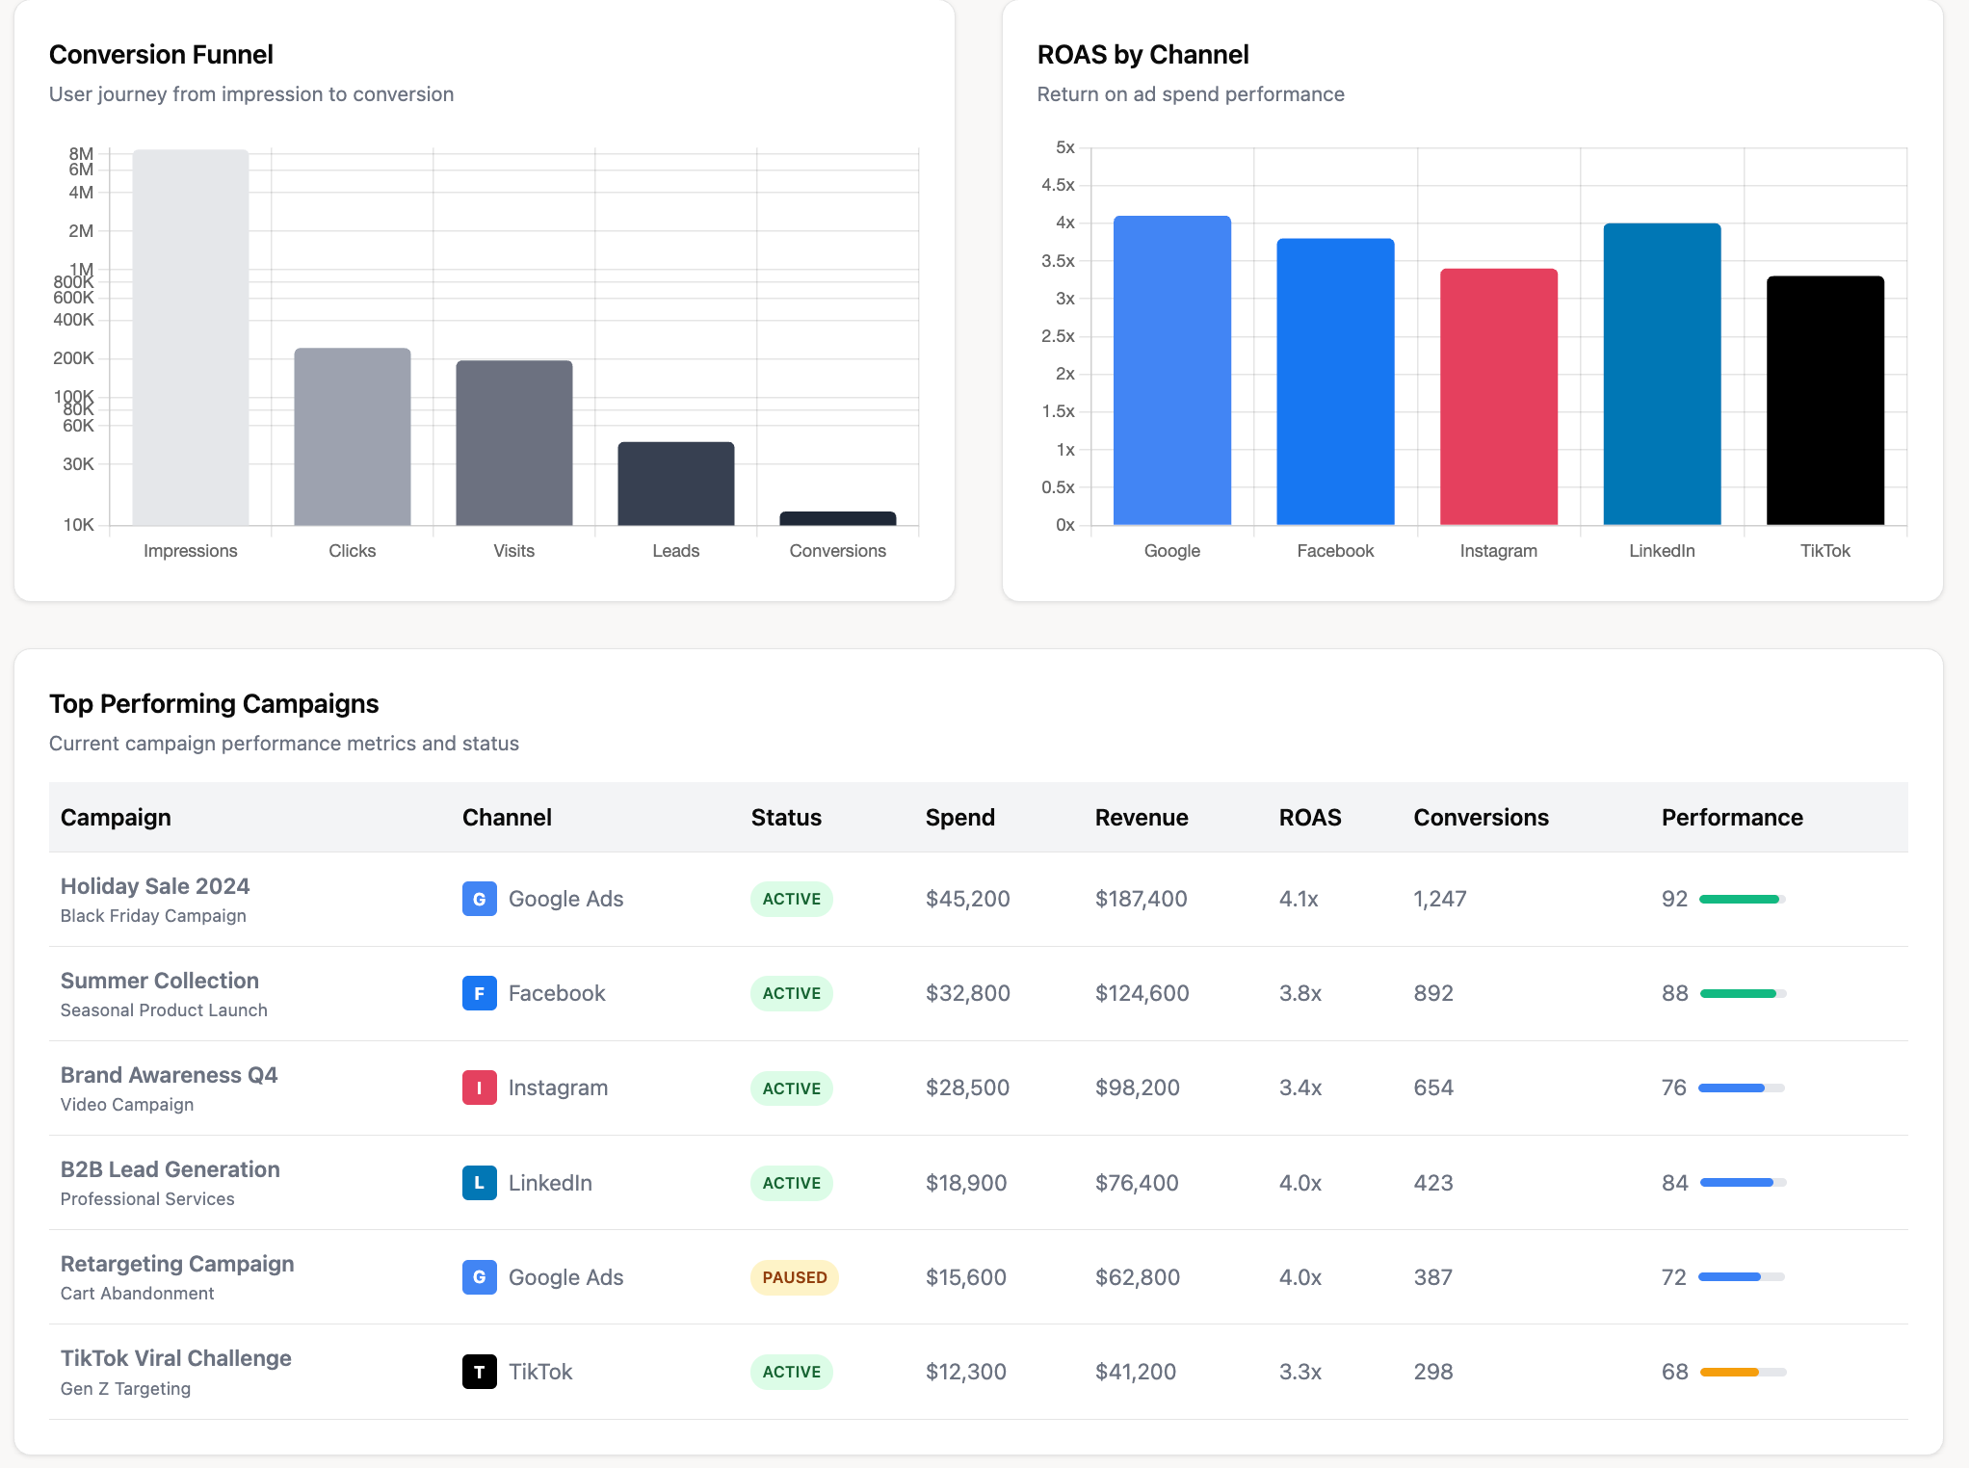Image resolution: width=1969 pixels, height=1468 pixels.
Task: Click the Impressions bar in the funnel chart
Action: click(x=190, y=337)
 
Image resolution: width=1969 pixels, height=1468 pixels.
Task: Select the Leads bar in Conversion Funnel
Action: click(x=675, y=484)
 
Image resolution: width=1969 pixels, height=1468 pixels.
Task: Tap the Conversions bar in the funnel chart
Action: click(x=837, y=518)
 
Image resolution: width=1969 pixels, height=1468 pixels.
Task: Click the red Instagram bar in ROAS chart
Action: click(x=1498, y=397)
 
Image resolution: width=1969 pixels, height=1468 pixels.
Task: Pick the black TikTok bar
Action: click(x=1825, y=401)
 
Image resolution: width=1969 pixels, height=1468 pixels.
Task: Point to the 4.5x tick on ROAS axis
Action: click(x=1058, y=185)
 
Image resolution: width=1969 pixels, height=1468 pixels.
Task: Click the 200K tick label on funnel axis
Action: click(x=73, y=358)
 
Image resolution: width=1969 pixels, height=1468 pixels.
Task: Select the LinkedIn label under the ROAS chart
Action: click(x=1662, y=551)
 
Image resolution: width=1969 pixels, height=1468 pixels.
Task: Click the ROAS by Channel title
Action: click(x=1142, y=55)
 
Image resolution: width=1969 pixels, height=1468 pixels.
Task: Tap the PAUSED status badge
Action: click(x=794, y=1277)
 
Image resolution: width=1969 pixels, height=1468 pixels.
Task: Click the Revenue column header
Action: click(x=1142, y=818)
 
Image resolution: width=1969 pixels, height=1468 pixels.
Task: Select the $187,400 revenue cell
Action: click(x=1141, y=899)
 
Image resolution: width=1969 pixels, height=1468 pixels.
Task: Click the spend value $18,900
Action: click(x=965, y=1183)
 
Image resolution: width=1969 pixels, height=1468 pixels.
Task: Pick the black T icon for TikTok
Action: click(x=479, y=1372)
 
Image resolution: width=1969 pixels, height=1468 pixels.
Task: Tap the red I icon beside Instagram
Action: click(x=479, y=1088)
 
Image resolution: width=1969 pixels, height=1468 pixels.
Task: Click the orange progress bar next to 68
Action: click(x=1729, y=1372)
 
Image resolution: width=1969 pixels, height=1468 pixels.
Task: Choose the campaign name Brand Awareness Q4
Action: click(x=169, y=1075)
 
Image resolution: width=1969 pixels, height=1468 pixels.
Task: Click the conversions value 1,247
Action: click(x=1439, y=899)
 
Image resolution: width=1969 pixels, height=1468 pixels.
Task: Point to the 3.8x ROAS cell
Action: click(x=1300, y=993)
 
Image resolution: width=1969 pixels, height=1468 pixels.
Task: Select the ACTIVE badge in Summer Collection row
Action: click(x=791, y=993)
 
